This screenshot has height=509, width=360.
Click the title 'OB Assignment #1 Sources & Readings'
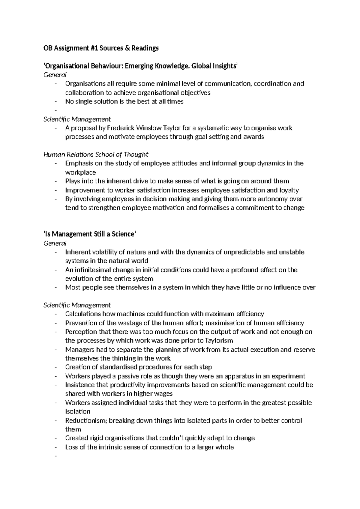[x=101, y=48]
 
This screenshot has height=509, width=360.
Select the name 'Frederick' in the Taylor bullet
[x=119, y=128]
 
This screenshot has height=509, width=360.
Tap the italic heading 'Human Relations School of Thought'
[x=96, y=155]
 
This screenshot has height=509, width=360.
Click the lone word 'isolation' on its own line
[x=78, y=411]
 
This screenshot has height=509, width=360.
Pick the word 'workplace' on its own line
[x=80, y=173]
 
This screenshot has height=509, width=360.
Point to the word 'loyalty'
[x=289, y=190]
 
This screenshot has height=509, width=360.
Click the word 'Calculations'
[x=83, y=314]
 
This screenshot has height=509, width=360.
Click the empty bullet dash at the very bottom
[x=56, y=456]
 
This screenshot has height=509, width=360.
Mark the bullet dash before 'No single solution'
[x=56, y=102]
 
